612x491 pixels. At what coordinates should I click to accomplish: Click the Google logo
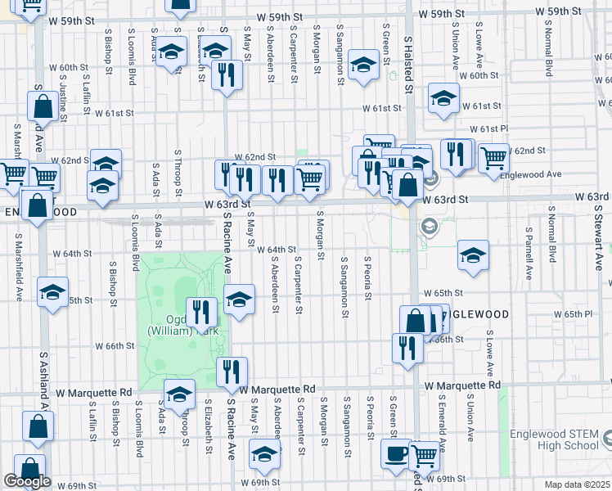point(27,481)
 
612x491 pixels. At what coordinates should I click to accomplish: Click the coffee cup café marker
point(398,453)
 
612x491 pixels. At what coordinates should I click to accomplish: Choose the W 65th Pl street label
point(572,314)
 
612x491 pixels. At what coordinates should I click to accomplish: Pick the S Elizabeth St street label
point(209,425)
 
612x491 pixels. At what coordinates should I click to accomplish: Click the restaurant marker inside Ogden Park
point(200,311)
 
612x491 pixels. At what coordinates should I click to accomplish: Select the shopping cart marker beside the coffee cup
point(423,455)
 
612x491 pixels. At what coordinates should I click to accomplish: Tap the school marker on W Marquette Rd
point(179,394)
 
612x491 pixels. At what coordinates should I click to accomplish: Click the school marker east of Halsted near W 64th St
point(473,255)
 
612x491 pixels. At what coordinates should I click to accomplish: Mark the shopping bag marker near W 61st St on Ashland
point(42,106)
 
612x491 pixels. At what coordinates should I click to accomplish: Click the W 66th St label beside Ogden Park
point(115,346)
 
